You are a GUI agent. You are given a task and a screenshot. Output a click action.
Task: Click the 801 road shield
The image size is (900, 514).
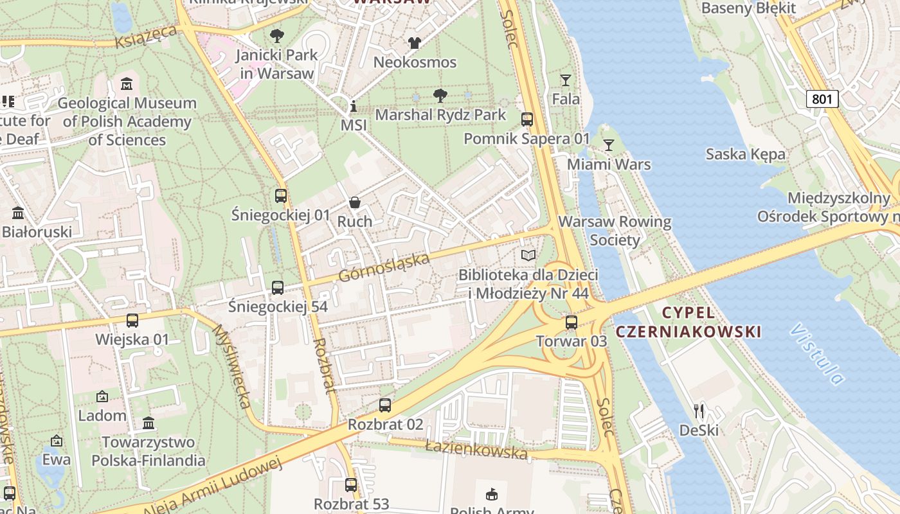click(822, 99)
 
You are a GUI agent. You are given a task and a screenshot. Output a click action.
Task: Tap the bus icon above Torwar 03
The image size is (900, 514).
click(571, 323)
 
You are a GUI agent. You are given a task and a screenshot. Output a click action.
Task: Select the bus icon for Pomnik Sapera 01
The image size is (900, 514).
click(527, 120)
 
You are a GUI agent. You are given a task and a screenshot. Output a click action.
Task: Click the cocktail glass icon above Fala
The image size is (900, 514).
click(565, 80)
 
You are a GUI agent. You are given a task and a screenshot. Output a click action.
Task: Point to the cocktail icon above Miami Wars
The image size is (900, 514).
click(608, 145)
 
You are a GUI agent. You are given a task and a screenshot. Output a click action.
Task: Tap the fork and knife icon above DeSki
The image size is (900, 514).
click(699, 411)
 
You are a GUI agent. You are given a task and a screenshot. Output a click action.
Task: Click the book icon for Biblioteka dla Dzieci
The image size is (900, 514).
click(528, 256)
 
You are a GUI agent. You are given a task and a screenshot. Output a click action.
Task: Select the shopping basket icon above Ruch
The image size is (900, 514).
click(354, 203)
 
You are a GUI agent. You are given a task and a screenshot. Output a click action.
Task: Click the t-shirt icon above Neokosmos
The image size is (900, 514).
click(415, 43)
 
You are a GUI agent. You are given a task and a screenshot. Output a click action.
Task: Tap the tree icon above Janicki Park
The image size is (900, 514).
click(277, 36)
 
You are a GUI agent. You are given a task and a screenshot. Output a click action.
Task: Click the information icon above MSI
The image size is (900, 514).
click(353, 106)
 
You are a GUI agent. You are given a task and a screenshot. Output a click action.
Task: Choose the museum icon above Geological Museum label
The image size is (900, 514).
click(127, 84)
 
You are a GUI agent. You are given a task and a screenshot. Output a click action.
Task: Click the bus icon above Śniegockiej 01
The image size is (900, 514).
click(281, 196)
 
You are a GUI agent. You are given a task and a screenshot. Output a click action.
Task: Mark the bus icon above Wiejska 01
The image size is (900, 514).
click(132, 320)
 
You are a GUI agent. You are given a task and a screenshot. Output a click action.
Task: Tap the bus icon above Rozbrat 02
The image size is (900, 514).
click(385, 405)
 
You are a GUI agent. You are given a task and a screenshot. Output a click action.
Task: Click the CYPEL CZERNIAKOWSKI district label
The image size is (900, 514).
click(688, 323)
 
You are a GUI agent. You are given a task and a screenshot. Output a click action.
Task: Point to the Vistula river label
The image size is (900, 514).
click(817, 354)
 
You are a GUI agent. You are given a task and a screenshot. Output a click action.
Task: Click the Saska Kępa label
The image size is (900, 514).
click(745, 154)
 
